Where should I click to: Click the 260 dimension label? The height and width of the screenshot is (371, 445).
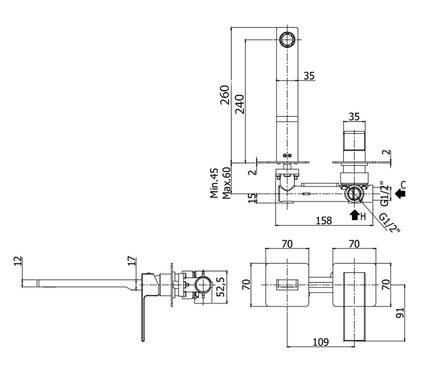[x=225, y=95]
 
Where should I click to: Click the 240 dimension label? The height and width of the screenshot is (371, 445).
[x=240, y=104]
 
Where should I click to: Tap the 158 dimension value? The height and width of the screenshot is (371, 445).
[x=324, y=221]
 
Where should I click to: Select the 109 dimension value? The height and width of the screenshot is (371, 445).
[x=321, y=342]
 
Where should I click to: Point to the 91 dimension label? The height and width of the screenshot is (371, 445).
[x=400, y=313]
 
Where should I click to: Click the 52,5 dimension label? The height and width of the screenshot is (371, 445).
[x=220, y=287]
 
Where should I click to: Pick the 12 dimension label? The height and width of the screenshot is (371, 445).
[x=18, y=261]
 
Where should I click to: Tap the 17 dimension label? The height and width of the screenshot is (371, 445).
[x=132, y=261]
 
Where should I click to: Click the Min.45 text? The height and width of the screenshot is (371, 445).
[x=214, y=183]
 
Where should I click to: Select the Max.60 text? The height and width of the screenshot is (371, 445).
[x=226, y=183]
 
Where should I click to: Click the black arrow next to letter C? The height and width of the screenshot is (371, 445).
[x=400, y=194]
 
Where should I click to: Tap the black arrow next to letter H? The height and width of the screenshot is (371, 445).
[x=354, y=215]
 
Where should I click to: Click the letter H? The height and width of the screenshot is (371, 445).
[x=363, y=217]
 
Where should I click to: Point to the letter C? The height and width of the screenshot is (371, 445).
[x=403, y=185]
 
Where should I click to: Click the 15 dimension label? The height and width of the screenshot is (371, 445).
[x=252, y=198]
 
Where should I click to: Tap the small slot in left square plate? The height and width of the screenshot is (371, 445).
[x=287, y=285]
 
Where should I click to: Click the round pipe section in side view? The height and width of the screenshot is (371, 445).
[x=204, y=285]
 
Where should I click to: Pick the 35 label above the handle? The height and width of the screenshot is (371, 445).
[x=354, y=116]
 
